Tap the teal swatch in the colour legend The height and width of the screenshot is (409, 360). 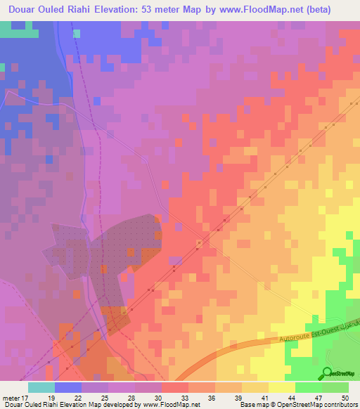41,387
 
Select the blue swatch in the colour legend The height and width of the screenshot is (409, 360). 68,387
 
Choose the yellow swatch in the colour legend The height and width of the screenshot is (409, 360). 281,387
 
